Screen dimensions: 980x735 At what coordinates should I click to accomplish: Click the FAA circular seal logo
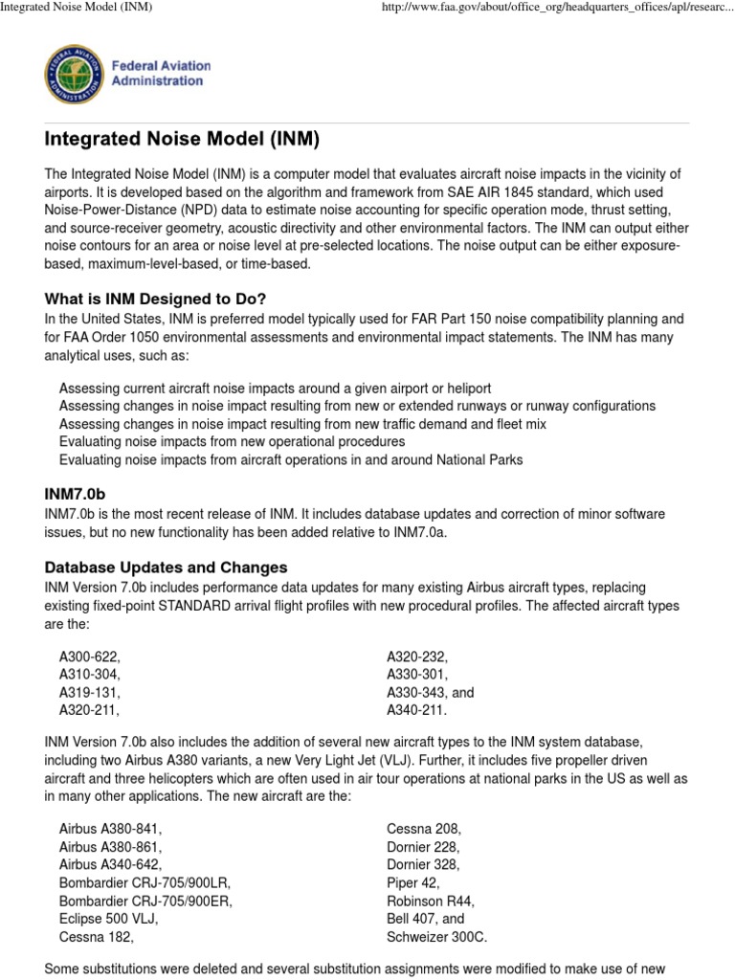click(74, 75)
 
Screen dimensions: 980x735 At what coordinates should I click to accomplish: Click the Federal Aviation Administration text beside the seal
click(161, 74)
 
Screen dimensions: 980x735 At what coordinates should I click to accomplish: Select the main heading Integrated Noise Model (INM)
click(182, 140)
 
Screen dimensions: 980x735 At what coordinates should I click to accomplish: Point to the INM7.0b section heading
click(74, 494)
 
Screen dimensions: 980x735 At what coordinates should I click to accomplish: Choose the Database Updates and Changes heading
click(166, 568)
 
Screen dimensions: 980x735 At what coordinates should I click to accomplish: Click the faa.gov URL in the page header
click(557, 9)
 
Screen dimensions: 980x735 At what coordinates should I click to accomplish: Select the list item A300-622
click(90, 657)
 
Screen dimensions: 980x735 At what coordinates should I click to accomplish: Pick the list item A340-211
click(416, 710)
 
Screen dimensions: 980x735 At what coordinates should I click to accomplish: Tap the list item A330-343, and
click(430, 692)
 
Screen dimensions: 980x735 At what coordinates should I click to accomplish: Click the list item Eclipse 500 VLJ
click(108, 919)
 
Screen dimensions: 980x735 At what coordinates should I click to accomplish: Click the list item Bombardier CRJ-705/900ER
click(145, 901)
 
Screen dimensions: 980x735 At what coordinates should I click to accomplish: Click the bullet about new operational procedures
click(232, 441)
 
